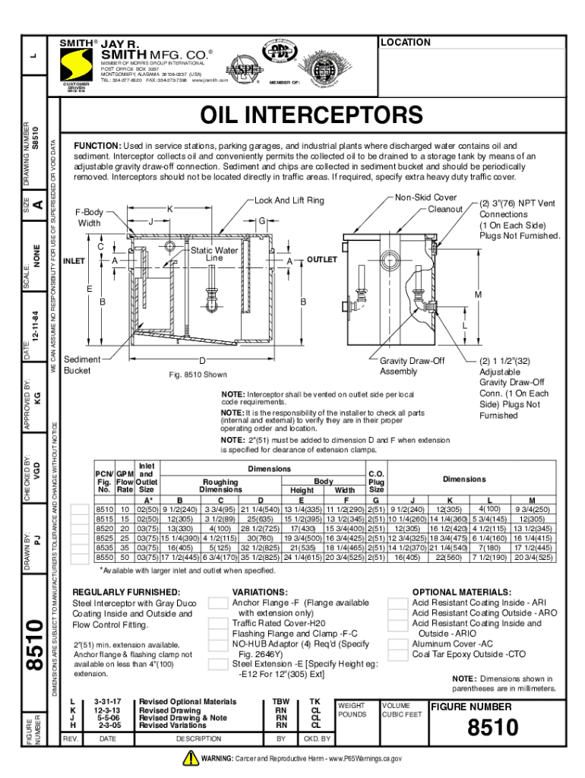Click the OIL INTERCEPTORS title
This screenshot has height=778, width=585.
point(310,115)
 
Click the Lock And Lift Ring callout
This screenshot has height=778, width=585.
point(289,201)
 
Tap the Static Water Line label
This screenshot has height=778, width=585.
point(214,254)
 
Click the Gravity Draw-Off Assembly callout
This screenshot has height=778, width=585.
point(412,366)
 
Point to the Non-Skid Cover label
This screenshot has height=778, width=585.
point(425,197)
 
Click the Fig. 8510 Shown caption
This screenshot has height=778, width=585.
point(197,375)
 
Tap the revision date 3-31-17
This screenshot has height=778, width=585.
point(107,702)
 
